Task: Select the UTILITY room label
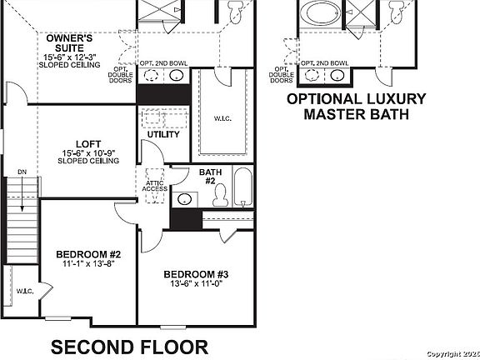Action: pos(163,134)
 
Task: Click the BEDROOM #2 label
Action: pos(89,254)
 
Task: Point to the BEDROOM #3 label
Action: pos(197,275)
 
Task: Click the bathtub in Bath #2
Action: pos(242,189)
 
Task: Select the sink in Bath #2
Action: pos(184,199)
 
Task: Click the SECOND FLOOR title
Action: pos(130,346)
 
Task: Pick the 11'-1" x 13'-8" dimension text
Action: pos(89,264)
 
